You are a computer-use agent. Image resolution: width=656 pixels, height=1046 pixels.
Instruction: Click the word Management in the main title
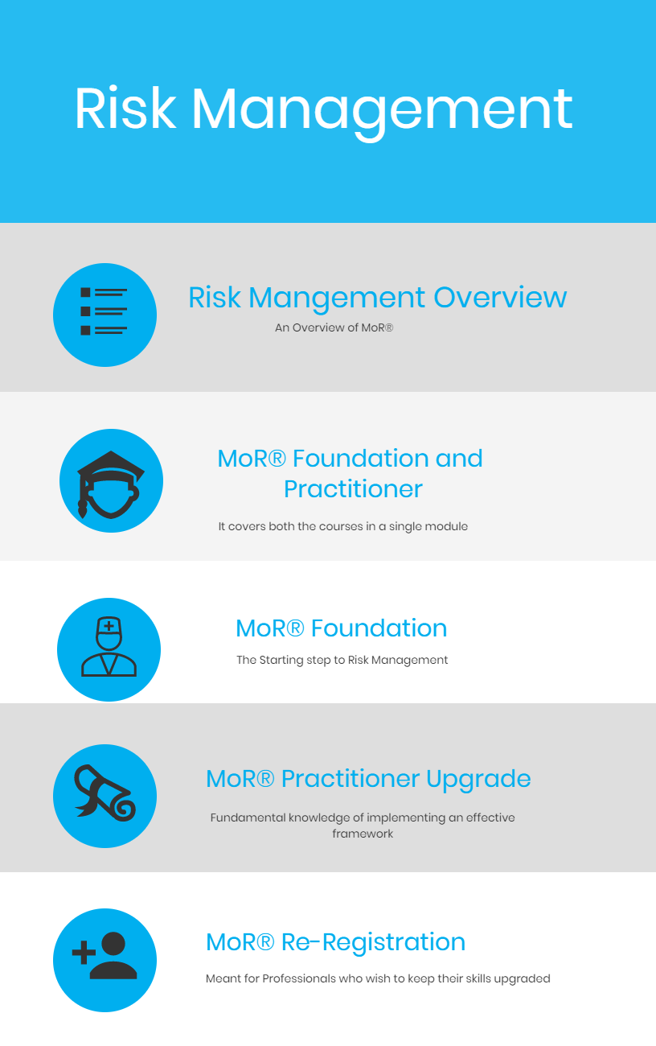click(382, 113)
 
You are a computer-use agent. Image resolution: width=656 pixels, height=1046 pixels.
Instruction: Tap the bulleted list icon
click(104, 311)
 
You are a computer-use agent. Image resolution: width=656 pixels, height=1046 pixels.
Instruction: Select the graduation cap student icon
click(111, 484)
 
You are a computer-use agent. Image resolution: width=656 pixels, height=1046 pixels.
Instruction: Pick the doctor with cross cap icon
click(109, 646)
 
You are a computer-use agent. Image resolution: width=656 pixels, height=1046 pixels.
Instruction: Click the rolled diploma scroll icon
click(105, 793)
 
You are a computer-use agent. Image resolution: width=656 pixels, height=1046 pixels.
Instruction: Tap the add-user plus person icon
click(105, 955)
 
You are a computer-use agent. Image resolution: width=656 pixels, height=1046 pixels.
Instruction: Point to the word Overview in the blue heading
click(500, 298)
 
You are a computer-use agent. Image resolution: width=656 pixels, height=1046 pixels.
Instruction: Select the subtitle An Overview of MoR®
click(334, 327)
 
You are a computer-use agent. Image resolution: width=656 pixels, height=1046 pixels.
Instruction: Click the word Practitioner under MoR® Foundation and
click(353, 489)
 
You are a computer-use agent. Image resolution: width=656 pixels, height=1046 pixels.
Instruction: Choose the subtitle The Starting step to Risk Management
click(342, 660)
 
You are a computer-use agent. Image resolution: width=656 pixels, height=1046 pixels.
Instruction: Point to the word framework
click(363, 834)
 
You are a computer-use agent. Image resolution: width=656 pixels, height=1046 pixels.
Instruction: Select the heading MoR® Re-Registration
click(336, 942)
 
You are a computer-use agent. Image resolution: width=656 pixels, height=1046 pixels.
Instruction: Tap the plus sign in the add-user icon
click(84, 952)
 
